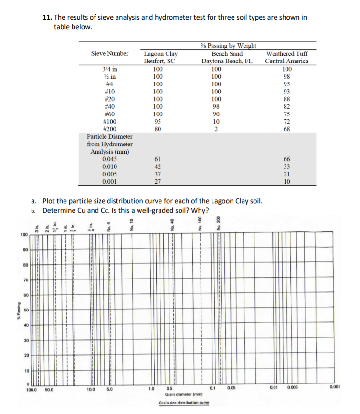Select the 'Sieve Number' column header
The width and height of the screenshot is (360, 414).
109,53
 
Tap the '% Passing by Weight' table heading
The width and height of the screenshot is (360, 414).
228,46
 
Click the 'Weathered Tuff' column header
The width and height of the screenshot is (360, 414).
286,53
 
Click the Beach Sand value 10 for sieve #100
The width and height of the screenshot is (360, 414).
216,121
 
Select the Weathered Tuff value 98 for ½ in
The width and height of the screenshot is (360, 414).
286,76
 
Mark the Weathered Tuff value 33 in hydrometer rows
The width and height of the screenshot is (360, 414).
286,166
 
